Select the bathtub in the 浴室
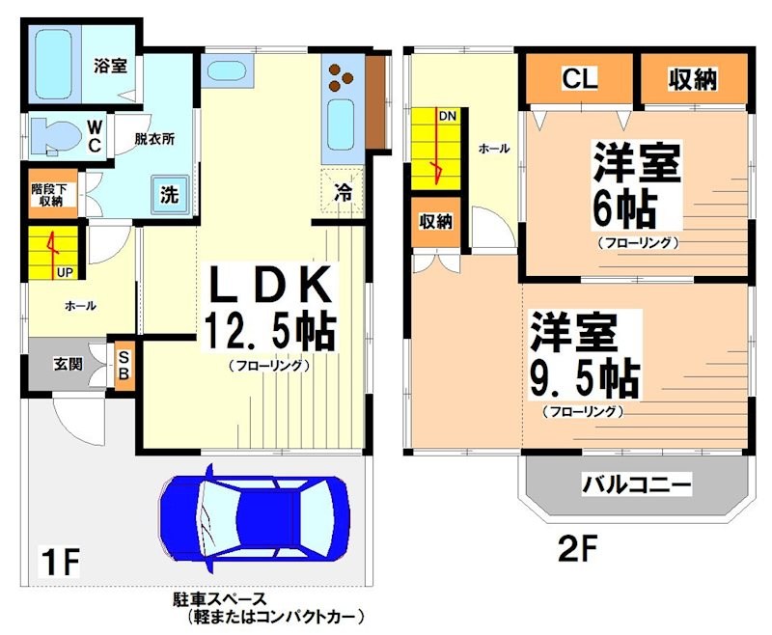pos(57,62)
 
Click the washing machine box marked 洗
pos(169,193)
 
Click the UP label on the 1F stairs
pos(64,272)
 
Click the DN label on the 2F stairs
pos(448,116)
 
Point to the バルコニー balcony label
pos(637,483)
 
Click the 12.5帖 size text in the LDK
pos(268,332)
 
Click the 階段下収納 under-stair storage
pos(46,194)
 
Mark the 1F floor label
pos(59,560)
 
